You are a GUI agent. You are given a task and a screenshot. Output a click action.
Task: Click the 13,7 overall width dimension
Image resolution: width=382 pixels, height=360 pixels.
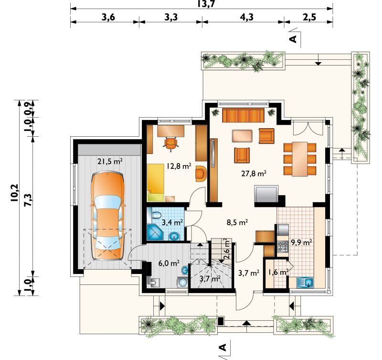[206, 4]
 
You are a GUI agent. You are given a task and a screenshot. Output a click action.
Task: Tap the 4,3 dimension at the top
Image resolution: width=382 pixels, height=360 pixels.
[246, 17]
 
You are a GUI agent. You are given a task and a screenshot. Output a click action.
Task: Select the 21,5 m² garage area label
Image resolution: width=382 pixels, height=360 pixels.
[110, 161]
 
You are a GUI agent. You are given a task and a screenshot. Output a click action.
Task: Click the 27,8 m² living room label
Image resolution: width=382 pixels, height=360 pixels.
[254, 174]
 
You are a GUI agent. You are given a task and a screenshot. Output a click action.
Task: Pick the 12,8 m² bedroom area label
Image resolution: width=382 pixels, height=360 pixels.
[179, 166]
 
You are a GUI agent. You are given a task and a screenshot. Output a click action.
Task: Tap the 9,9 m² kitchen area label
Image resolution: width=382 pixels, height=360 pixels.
[302, 242]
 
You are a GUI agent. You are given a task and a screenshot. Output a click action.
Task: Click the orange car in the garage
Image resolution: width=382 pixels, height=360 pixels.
[107, 215]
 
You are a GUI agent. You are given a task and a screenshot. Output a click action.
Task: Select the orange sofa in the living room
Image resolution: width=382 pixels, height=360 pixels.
[243, 116]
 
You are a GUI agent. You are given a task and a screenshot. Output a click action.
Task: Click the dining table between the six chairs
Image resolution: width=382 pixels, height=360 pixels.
[300, 159]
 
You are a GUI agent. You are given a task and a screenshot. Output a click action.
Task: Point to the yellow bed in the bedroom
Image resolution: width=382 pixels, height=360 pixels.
[156, 182]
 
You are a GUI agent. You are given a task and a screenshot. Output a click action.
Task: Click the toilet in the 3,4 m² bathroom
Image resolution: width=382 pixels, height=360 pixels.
[156, 215]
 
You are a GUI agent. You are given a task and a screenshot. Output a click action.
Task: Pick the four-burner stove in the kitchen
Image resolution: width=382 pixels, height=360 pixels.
[283, 246]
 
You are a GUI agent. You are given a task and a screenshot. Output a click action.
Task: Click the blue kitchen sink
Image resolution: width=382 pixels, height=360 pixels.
[305, 283]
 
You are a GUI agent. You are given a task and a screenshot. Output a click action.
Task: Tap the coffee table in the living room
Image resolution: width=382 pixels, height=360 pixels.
[242, 136]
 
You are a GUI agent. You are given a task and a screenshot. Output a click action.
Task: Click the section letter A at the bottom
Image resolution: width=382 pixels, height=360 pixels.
[223, 347]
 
